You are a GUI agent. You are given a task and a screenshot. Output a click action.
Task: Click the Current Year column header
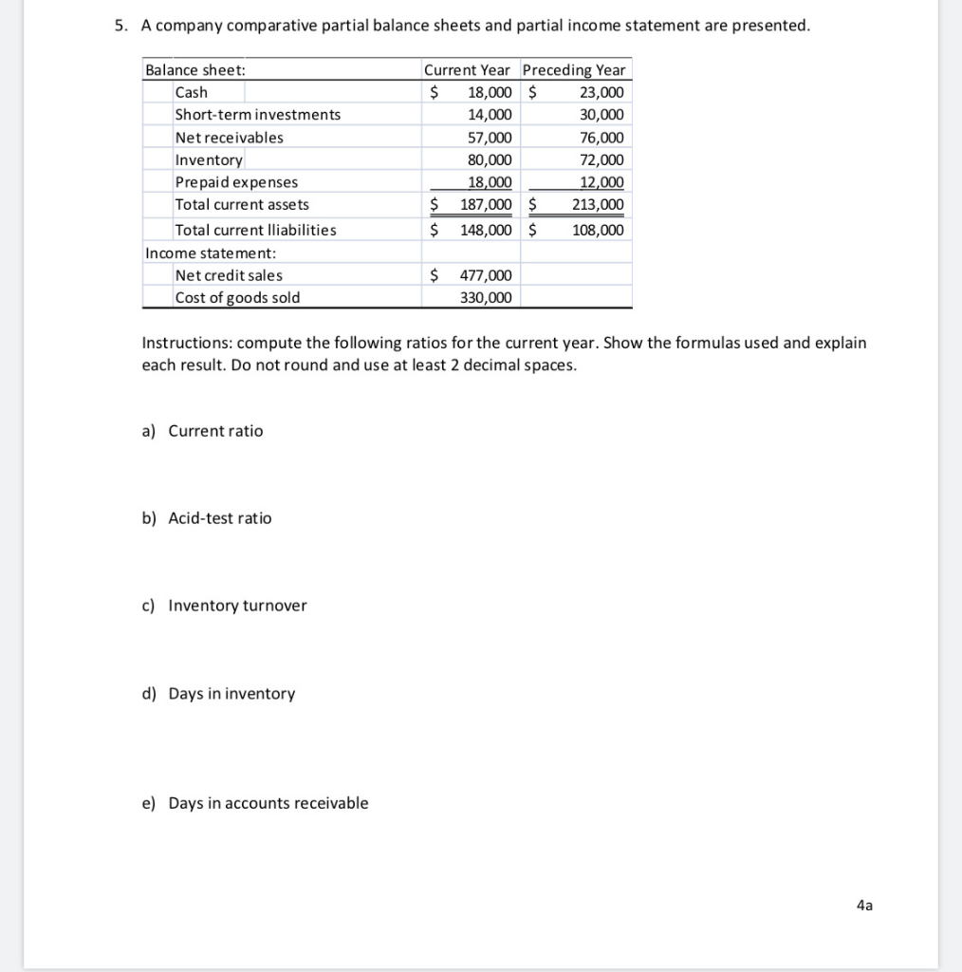click(466, 70)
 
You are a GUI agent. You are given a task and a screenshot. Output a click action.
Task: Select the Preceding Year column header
click(574, 70)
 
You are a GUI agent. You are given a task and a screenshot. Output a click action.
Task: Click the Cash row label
click(192, 92)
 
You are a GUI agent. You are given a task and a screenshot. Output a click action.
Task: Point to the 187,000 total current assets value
click(486, 205)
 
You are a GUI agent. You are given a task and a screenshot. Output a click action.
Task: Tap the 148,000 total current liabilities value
click(486, 231)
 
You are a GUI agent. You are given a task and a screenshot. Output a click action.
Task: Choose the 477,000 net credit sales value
click(486, 275)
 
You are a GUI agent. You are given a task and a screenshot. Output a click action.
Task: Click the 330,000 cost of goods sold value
click(486, 298)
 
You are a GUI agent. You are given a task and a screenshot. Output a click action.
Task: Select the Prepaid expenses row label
click(236, 182)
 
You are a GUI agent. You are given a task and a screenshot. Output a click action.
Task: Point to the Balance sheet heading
click(194, 70)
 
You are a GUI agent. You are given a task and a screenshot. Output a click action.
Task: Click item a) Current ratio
click(203, 431)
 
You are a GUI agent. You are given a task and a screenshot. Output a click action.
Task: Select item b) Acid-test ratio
click(207, 518)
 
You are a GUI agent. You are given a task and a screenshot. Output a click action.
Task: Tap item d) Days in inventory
click(218, 694)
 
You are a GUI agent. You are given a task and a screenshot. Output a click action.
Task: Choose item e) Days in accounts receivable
click(255, 803)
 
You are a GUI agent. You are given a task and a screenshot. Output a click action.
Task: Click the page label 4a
click(863, 906)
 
